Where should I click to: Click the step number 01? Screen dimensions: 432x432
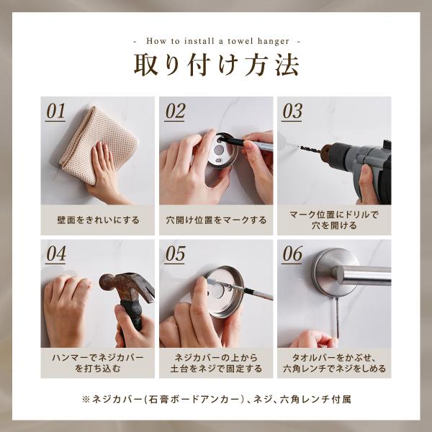55,111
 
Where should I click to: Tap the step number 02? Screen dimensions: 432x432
175,111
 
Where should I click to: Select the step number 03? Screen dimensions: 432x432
292,111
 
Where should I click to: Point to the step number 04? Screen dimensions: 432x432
55,253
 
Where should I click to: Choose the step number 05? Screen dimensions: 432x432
175,253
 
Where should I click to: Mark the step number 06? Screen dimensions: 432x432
292,253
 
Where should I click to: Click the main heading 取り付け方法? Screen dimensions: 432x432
216,65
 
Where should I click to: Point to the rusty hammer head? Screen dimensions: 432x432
127,287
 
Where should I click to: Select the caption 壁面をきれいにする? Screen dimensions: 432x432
98,220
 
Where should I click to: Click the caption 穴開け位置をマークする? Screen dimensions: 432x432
216,220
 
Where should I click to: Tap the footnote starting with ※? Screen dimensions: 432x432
216,399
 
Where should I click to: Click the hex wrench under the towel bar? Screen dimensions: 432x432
337,318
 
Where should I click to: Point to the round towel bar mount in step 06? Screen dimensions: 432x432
332,271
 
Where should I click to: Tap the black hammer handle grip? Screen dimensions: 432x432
132,317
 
